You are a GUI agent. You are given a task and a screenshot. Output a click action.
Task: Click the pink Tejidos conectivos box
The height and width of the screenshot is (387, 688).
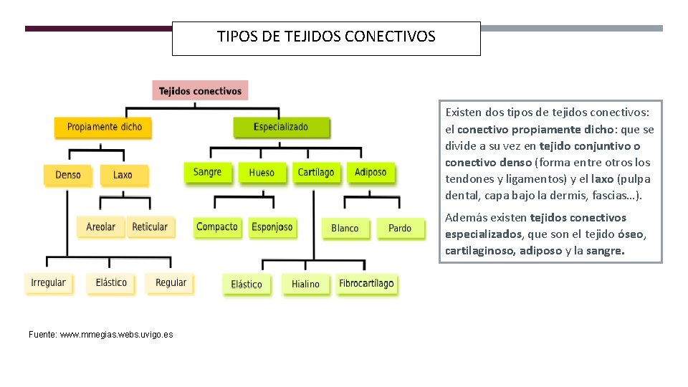(x=200, y=90)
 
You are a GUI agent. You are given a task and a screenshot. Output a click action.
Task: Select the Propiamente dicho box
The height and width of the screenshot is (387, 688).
(x=104, y=127)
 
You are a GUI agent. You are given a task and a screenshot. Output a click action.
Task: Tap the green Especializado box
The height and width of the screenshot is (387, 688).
(x=281, y=127)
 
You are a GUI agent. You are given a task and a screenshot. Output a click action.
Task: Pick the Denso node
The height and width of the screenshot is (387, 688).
(x=68, y=175)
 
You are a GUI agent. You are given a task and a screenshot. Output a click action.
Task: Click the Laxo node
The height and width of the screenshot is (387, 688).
(x=123, y=175)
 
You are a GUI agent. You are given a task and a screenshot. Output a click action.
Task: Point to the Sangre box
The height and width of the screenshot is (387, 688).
(x=207, y=172)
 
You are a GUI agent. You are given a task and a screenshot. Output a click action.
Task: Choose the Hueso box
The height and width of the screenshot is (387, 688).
(x=262, y=173)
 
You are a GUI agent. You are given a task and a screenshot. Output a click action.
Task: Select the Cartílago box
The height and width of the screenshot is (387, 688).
(x=316, y=172)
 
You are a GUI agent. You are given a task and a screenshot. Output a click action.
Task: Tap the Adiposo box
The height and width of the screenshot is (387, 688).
(x=371, y=172)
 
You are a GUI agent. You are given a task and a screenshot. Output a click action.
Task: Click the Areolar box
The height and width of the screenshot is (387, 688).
(x=100, y=226)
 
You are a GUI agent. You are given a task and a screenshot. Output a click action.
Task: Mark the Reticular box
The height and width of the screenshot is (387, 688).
(x=150, y=226)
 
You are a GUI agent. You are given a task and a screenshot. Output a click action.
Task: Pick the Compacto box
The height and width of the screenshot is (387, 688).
(x=217, y=226)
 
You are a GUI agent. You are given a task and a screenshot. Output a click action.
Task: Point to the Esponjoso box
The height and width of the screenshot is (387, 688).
(x=272, y=227)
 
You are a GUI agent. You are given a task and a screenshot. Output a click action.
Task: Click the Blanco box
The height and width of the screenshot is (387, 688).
(x=345, y=228)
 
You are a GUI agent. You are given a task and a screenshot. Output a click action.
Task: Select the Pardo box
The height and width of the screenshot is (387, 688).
(x=400, y=228)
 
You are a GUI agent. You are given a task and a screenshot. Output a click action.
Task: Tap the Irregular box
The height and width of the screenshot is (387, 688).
(x=48, y=282)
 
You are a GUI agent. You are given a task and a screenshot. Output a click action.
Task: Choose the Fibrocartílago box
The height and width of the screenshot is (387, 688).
(x=366, y=283)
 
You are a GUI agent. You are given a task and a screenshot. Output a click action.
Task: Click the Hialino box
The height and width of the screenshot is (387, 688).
(x=305, y=284)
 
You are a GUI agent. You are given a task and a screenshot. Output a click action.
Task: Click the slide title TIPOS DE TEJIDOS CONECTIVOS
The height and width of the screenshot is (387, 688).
(x=326, y=37)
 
